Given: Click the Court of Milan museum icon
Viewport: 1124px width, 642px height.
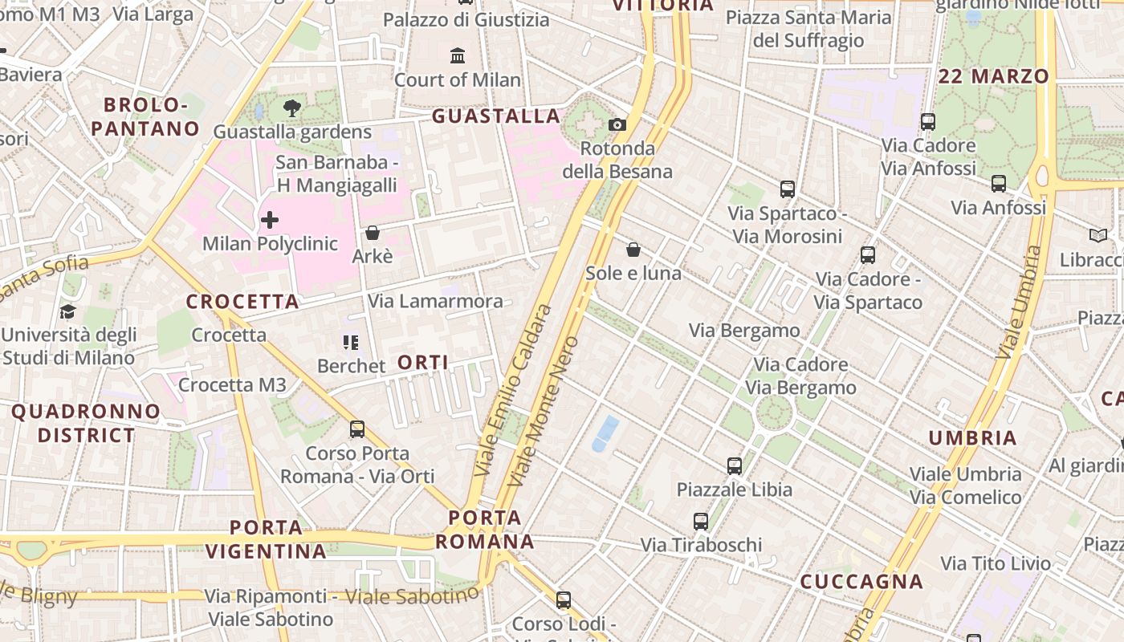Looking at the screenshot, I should coord(458,55).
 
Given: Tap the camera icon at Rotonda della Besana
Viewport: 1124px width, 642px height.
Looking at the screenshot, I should coord(617,124).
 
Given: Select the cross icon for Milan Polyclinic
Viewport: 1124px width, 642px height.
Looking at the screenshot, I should coord(270,219).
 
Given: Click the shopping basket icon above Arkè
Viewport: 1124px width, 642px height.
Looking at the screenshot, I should coord(372,233).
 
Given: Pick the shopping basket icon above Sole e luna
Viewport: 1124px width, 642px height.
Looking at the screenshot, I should coord(633,250).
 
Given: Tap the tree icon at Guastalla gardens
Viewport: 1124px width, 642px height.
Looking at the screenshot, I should coord(292,108).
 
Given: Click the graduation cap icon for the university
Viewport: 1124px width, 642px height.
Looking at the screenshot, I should coord(67,311).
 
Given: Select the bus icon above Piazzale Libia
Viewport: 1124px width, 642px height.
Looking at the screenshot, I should coord(734,465).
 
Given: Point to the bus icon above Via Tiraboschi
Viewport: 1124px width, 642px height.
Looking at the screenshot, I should coord(701,522).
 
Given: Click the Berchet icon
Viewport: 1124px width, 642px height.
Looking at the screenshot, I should coord(350,343).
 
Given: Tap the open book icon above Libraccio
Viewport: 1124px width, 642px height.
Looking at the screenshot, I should coord(1098,236).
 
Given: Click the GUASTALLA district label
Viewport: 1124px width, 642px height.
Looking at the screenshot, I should coord(495,116).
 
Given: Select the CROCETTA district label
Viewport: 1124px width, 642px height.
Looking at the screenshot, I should coord(242,302).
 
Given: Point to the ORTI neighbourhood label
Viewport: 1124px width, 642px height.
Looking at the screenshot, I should coord(423,363).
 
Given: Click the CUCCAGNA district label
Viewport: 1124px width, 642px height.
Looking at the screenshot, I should coord(861,581).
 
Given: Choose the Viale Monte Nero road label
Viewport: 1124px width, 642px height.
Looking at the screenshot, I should coord(544,411).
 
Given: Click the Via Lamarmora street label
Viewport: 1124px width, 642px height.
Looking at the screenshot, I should coord(435,302).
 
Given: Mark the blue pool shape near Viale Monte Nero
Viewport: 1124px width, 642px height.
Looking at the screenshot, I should coord(605,433).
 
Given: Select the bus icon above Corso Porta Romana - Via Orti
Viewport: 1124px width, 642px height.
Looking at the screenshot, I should coord(357,429).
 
